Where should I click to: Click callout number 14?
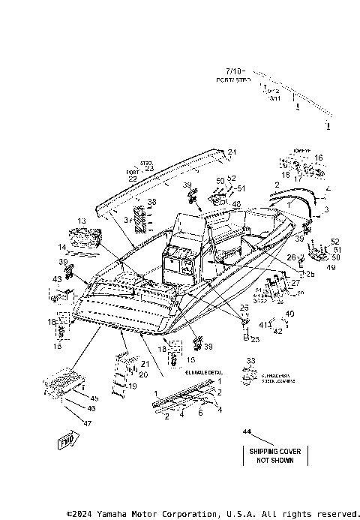coord(62,247)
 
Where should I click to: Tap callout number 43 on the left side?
coord(57,279)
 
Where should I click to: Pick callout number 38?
coord(152,203)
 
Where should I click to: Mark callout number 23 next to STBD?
coord(148,168)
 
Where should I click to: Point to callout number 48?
coord(235,203)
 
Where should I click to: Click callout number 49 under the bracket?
coord(331,265)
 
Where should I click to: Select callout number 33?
coord(250,362)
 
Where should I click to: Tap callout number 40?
coord(290,313)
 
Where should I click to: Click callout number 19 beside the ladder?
coord(133,386)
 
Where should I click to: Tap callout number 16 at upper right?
coord(319,158)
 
